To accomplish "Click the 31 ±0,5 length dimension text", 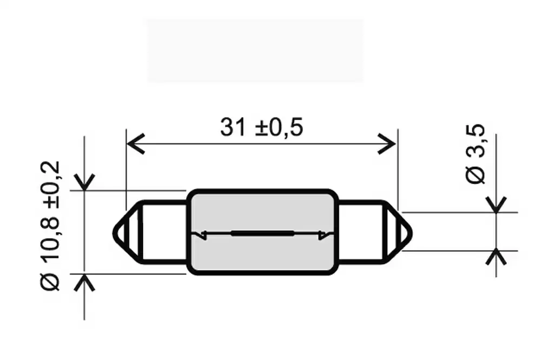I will point(262,127).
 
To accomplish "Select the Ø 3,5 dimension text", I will point(476,154).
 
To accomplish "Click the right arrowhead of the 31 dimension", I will point(391,144).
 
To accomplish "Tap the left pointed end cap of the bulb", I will point(126,233).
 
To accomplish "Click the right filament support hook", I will point(323,234).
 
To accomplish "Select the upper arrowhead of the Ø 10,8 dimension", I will point(85,183).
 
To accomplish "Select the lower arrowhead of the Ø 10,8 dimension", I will point(85,281).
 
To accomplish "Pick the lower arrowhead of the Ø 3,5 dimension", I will point(496,257).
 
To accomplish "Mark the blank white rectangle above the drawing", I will point(255,51).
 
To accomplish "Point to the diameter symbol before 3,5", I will point(476,175).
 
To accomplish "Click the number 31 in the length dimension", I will point(231,127).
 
